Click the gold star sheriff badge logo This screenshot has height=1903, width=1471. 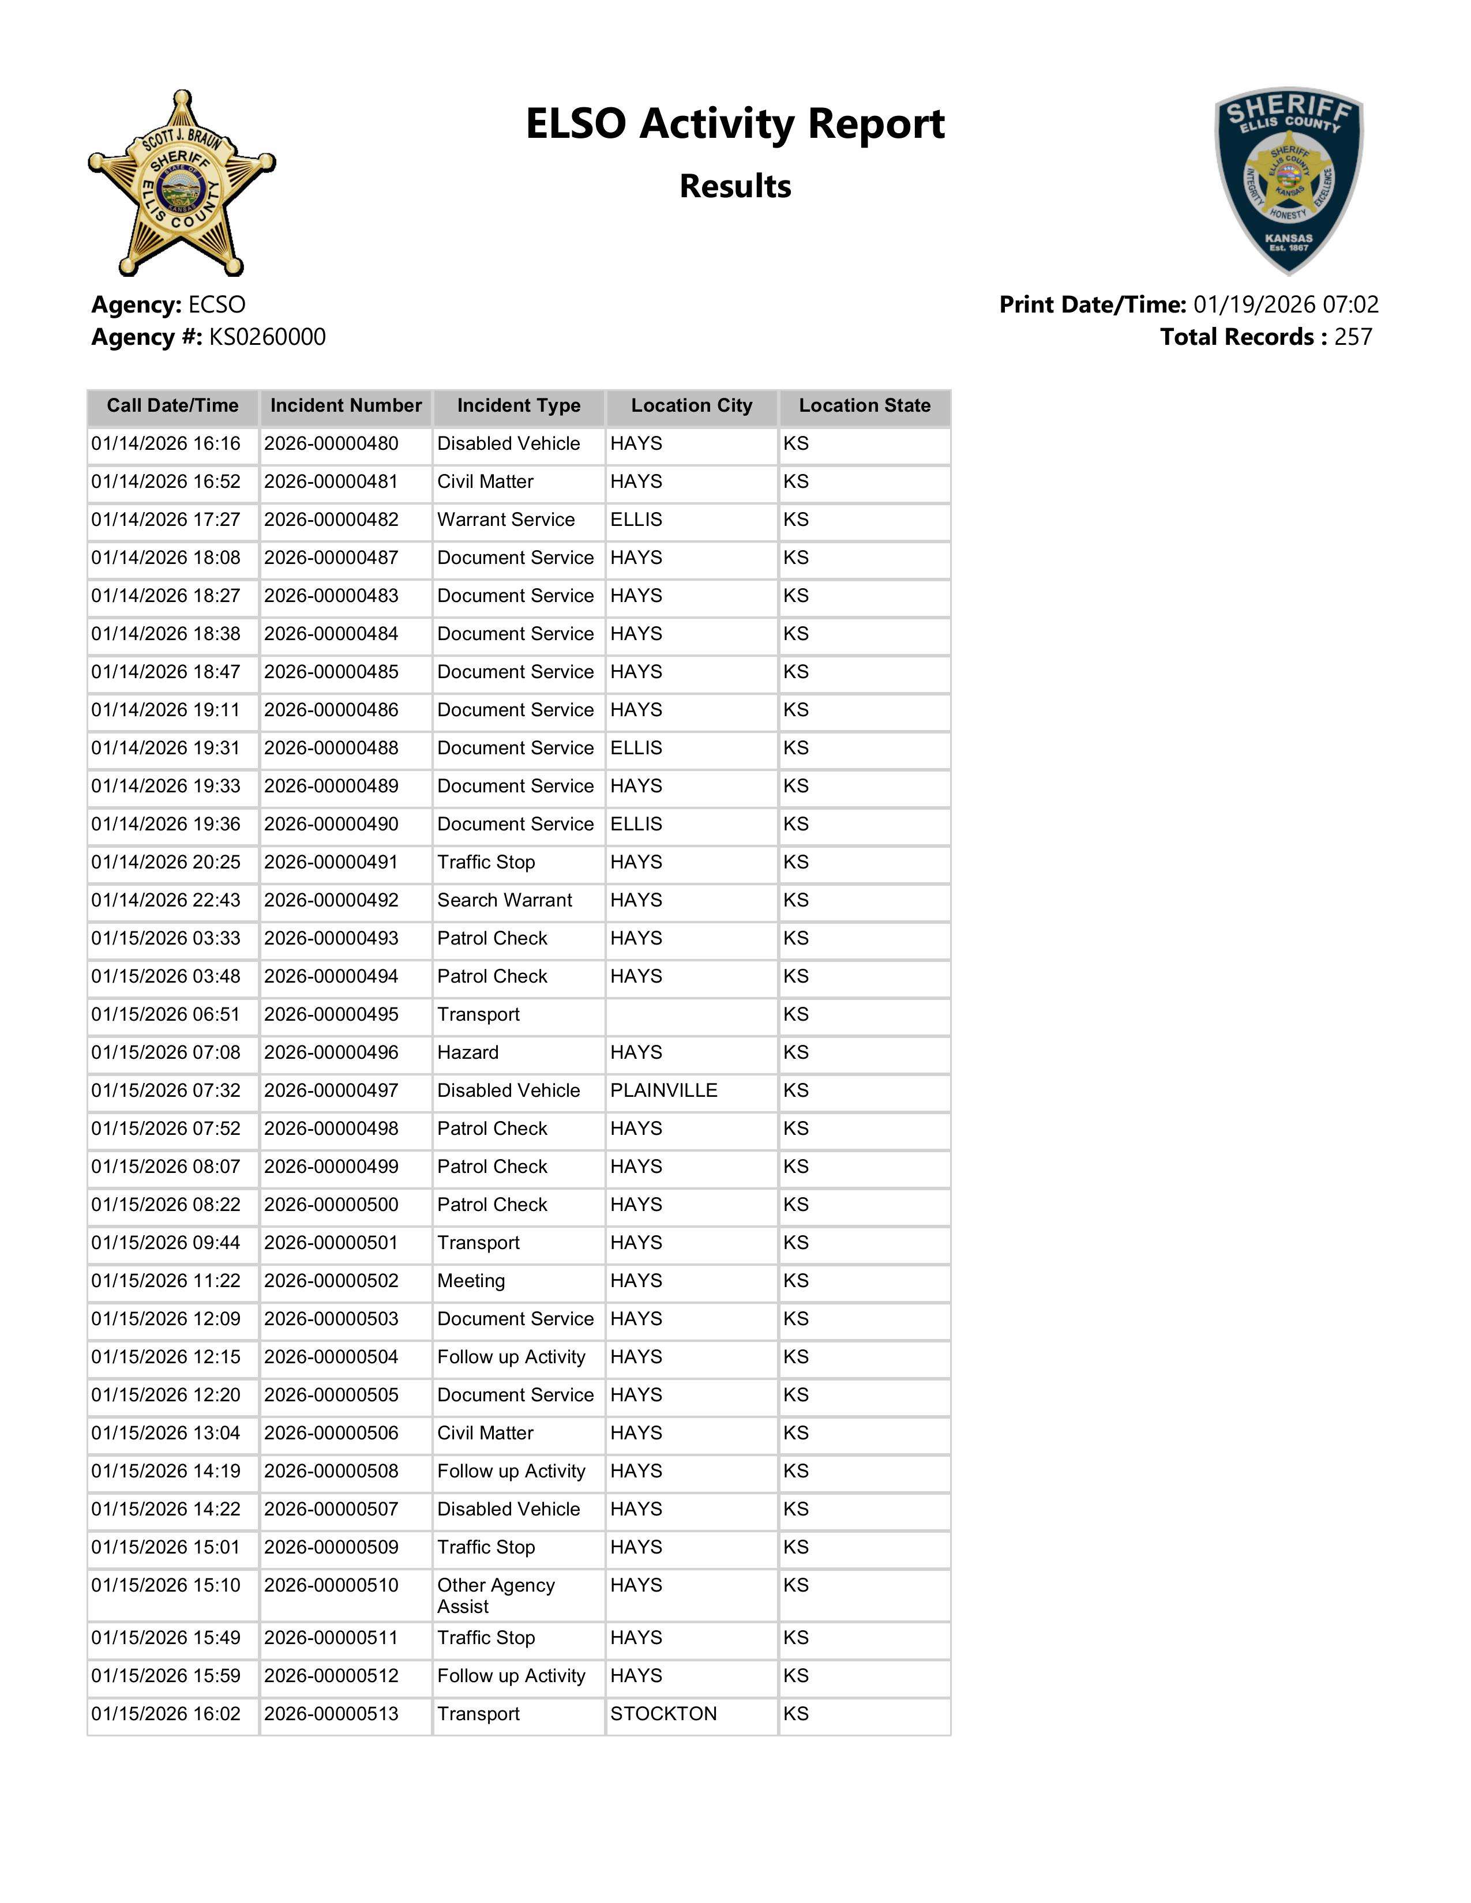(x=181, y=183)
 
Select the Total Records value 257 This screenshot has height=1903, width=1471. (x=1353, y=337)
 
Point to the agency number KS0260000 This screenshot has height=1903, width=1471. (x=268, y=337)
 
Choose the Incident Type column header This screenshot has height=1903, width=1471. (x=519, y=406)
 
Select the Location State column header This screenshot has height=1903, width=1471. (x=865, y=406)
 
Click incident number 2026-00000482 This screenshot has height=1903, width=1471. (x=331, y=520)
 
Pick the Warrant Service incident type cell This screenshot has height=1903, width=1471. (x=506, y=520)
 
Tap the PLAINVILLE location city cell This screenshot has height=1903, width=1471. (x=664, y=1091)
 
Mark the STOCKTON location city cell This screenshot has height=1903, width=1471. (x=663, y=1714)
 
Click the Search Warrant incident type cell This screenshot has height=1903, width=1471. (x=505, y=901)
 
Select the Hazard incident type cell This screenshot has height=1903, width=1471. (x=468, y=1052)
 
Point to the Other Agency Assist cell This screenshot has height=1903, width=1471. (x=496, y=1596)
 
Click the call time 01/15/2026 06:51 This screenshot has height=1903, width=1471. (x=166, y=1015)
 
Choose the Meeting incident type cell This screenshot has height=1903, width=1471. (x=471, y=1281)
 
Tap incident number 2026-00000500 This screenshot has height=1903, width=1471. (x=331, y=1205)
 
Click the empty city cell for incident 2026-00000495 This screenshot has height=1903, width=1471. (x=692, y=1015)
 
